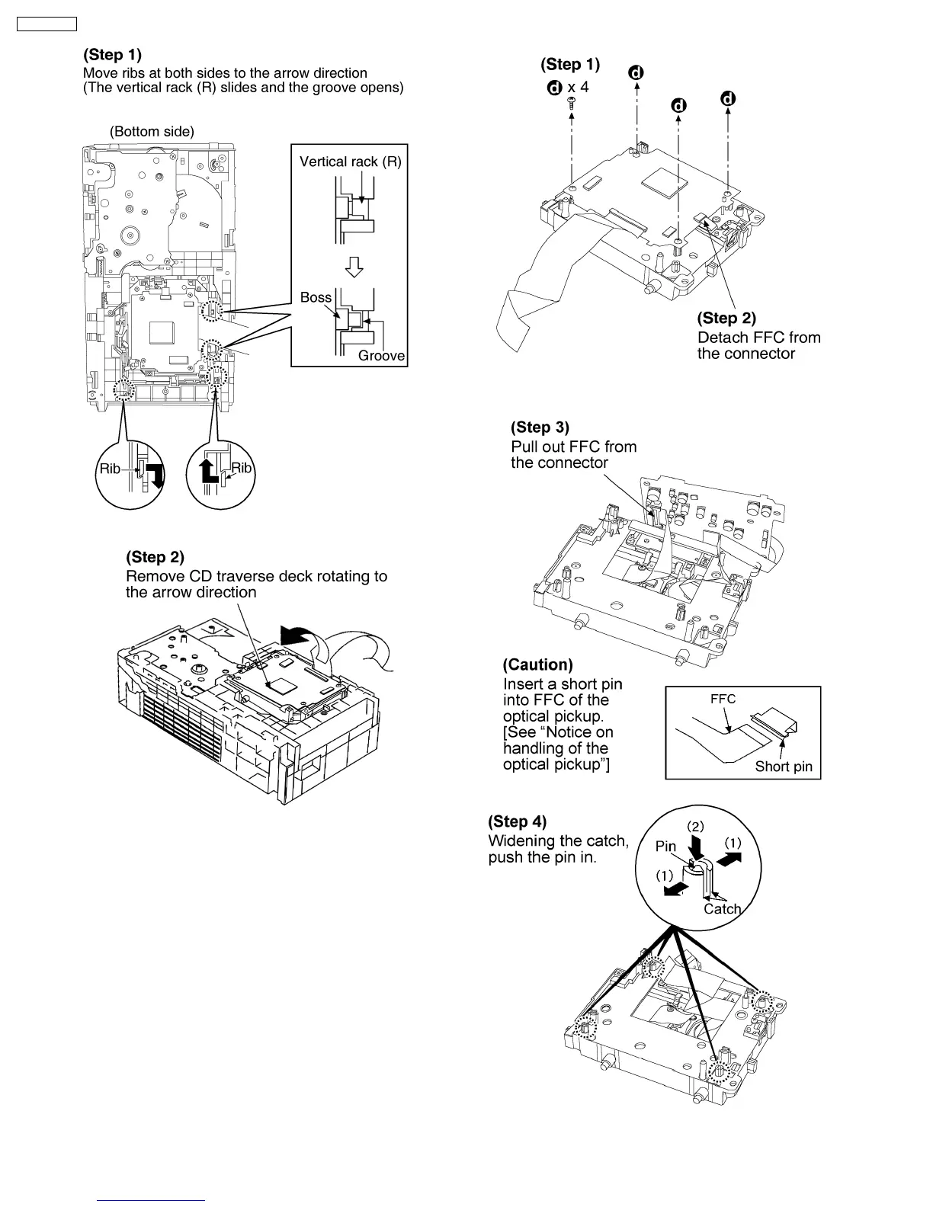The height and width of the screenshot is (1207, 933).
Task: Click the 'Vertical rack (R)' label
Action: tap(350, 162)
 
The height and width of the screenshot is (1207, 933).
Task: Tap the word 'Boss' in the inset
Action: tap(316, 297)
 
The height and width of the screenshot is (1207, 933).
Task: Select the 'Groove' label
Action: tap(381, 356)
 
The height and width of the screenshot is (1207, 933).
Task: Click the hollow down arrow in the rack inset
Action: tap(354, 267)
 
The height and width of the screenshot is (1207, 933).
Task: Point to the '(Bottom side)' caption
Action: tap(152, 131)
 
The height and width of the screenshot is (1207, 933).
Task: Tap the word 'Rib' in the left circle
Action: tap(110, 469)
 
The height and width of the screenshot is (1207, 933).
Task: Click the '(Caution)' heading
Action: tap(537, 664)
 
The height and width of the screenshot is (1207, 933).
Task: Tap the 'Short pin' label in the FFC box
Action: tap(784, 767)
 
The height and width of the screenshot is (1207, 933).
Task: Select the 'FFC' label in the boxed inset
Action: tap(723, 699)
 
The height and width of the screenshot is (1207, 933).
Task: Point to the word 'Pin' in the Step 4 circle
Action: tap(665, 847)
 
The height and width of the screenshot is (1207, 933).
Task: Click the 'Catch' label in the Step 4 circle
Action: tap(722, 908)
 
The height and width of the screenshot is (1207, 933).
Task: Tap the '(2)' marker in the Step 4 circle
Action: tap(696, 826)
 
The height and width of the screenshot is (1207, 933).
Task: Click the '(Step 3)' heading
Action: tap(540, 427)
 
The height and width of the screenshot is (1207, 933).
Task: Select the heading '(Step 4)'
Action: tap(517, 821)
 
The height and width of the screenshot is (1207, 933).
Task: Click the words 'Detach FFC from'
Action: tap(758, 337)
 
